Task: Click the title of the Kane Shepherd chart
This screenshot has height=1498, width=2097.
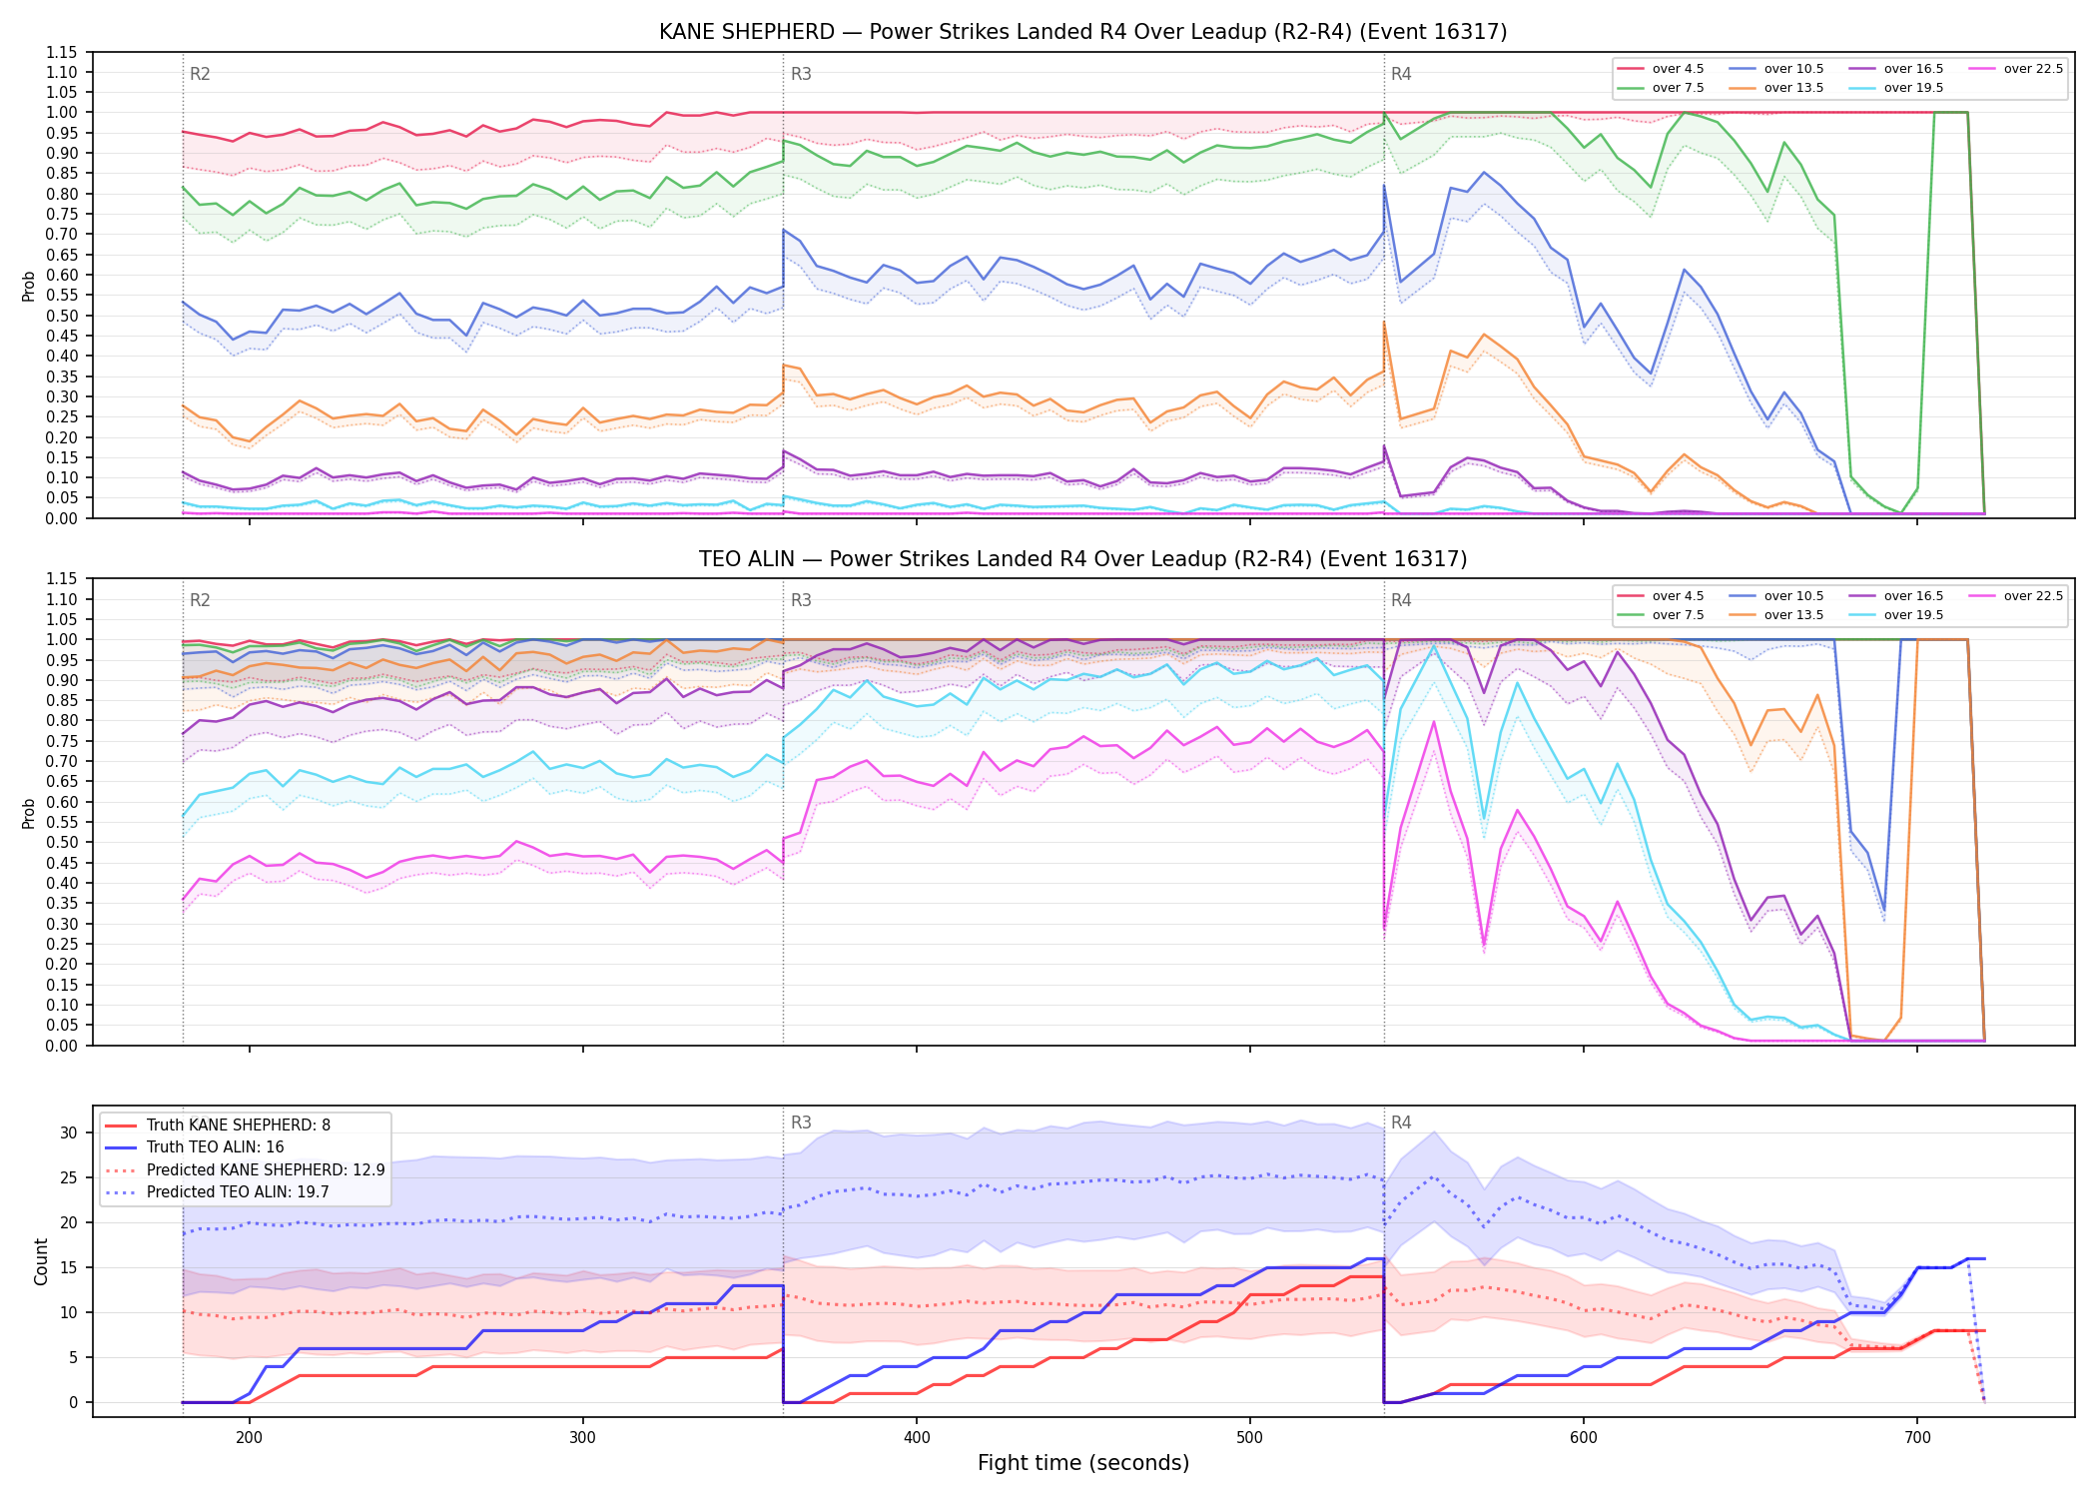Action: point(1082,32)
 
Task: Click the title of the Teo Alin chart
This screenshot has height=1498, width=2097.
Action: point(1082,559)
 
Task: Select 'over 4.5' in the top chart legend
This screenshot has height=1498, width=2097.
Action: point(1678,69)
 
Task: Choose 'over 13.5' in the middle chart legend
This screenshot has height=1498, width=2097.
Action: point(1793,615)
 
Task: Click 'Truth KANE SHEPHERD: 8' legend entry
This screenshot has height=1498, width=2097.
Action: point(239,1125)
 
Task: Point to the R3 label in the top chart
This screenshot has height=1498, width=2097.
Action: point(801,74)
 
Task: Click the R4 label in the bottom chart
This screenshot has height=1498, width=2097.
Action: point(1401,1123)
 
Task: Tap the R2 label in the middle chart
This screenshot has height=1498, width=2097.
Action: point(200,600)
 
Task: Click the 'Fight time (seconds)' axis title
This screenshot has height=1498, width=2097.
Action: point(1083,1463)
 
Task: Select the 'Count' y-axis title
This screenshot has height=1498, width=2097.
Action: point(41,1261)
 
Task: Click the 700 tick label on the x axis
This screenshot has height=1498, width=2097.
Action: point(1917,1437)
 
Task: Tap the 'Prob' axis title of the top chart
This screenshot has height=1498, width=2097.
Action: point(29,286)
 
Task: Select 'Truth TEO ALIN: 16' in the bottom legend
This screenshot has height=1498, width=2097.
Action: point(215,1147)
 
